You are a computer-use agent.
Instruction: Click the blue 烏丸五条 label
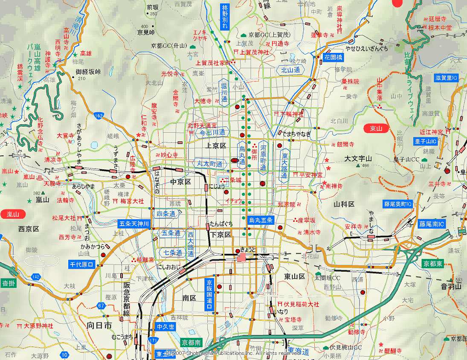[x=261, y=220]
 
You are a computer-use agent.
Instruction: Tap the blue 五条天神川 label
[x=133, y=224]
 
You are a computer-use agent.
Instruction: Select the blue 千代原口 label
[x=81, y=264]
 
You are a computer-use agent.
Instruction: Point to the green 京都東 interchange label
[x=433, y=264]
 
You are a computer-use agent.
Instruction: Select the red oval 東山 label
[x=376, y=128]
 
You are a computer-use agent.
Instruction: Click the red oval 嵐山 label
[x=13, y=214]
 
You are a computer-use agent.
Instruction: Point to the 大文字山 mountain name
[x=358, y=159]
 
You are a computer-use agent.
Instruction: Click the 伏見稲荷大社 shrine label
[x=302, y=305]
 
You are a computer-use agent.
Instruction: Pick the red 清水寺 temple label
[x=312, y=232]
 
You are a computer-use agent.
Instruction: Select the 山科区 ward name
[x=344, y=204]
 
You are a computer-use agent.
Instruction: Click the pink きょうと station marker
[x=242, y=257]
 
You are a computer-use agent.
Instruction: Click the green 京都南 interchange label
[x=191, y=343]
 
